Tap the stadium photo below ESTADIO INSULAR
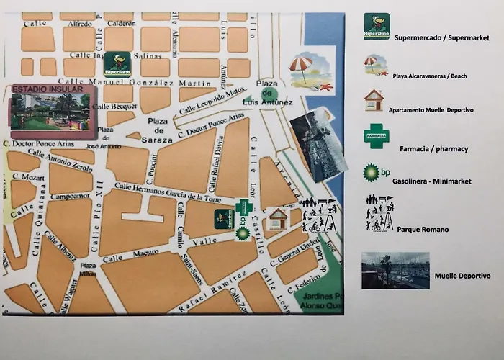click(x=52, y=114)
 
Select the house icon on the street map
click(x=277, y=218)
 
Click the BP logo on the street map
click(x=243, y=233)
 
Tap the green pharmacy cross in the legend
click(x=375, y=136)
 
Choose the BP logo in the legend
click(x=372, y=173)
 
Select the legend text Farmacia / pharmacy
click(x=433, y=149)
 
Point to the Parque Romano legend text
click(x=423, y=229)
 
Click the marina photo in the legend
click(x=395, y=270)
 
